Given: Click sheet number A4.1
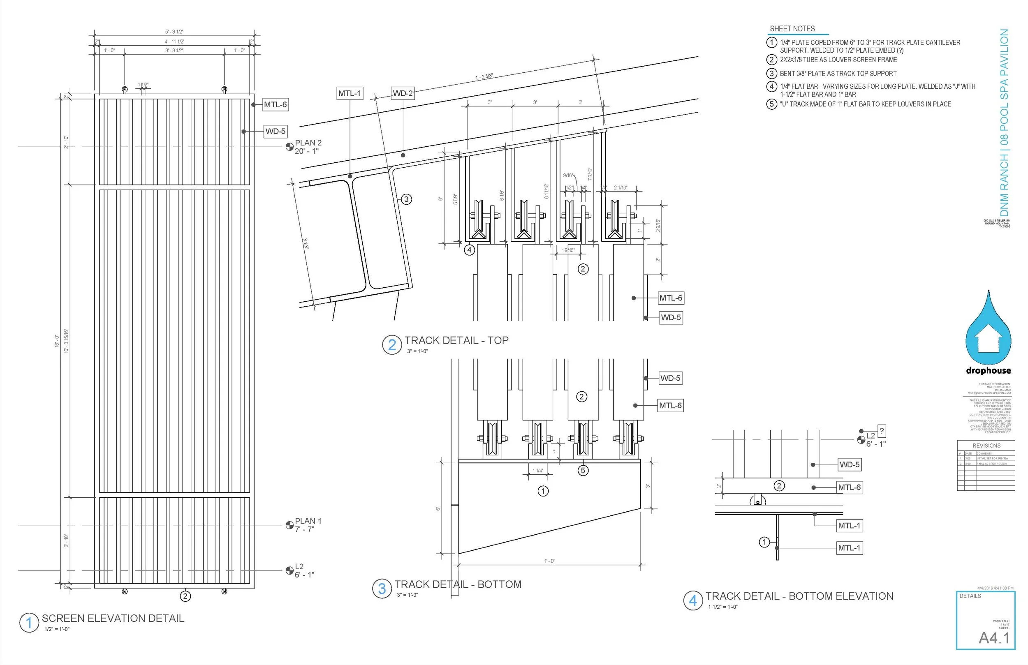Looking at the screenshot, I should click(x=994, y=638).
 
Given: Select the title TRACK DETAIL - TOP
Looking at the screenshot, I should click(x=456, y=340).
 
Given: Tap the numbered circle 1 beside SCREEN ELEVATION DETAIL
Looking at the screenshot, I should click(x=29, y=623).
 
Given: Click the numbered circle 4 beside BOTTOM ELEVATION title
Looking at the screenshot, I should click(x=693, y=600).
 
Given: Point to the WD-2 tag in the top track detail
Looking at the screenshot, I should click(x=403, y=93).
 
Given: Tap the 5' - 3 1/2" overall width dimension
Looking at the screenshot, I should click(x=174, y=32).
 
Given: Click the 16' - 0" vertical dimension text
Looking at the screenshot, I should click(x=57, y=341).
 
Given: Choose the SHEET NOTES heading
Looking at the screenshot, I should click(x=792, y=29).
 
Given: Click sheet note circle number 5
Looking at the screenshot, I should click(x=771, y=104).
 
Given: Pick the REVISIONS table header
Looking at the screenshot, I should click(x=986, y=445).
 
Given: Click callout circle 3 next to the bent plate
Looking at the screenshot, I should click(x=406, y=199).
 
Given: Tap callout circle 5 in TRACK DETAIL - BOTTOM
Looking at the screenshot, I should click(x=583, y=470).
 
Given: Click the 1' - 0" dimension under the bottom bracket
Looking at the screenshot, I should click(x=549, y=561).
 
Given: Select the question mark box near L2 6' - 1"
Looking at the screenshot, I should click(x=882, y=431).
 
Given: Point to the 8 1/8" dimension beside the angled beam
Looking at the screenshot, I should click(x=306, y=244).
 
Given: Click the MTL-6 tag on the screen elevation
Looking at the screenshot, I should click(x=275, y=104).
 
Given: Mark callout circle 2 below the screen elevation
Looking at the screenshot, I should click(x=185, y=596).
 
